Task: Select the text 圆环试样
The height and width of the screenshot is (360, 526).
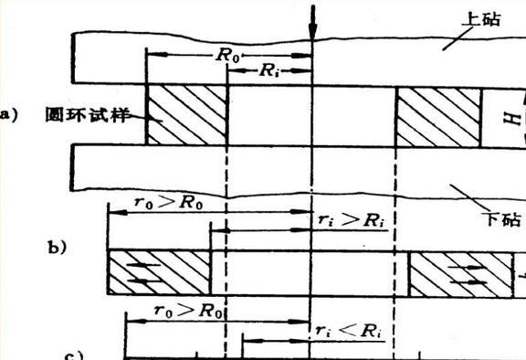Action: (x=83, y=115)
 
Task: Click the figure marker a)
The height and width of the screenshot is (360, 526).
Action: (x=8, y=114)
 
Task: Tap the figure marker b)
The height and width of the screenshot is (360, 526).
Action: (x=58, y=247)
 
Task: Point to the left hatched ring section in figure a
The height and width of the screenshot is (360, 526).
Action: (x=186, y=115)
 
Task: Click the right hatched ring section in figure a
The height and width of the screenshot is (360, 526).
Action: (x=437, y=115)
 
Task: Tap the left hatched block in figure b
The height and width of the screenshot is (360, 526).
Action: (x=158, y=272)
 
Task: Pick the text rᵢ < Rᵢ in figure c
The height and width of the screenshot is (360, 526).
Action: (x=348, y=330)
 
